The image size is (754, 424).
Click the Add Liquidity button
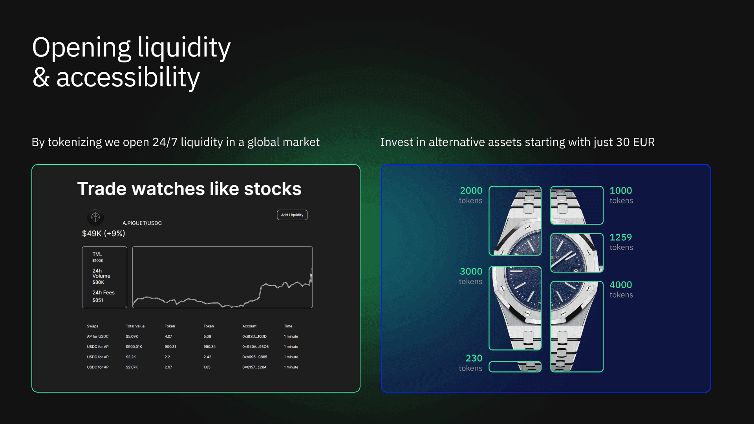point(292,215)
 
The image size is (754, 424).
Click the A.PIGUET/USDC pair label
point(142,223)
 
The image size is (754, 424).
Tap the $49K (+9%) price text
point(103,234)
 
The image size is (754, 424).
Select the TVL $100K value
point(98,261)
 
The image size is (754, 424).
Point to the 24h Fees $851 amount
point(98,300)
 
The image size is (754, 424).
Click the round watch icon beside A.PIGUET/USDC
point(95,217)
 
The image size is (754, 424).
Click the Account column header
point(249,326)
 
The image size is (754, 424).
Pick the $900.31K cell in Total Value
point(134,347)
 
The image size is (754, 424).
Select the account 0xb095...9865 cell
point(254,357)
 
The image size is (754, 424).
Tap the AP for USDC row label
point(98,336)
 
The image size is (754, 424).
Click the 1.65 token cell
point(207,367)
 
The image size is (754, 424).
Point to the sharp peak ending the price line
point(311,269)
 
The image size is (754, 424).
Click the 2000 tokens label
point(470,195)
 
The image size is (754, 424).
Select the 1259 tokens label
point(621,242)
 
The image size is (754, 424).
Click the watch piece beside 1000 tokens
point(576,205)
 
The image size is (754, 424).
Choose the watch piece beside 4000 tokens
point(576,326)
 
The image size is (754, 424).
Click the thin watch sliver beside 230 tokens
point(515,367)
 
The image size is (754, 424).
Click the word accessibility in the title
point(128,77)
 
